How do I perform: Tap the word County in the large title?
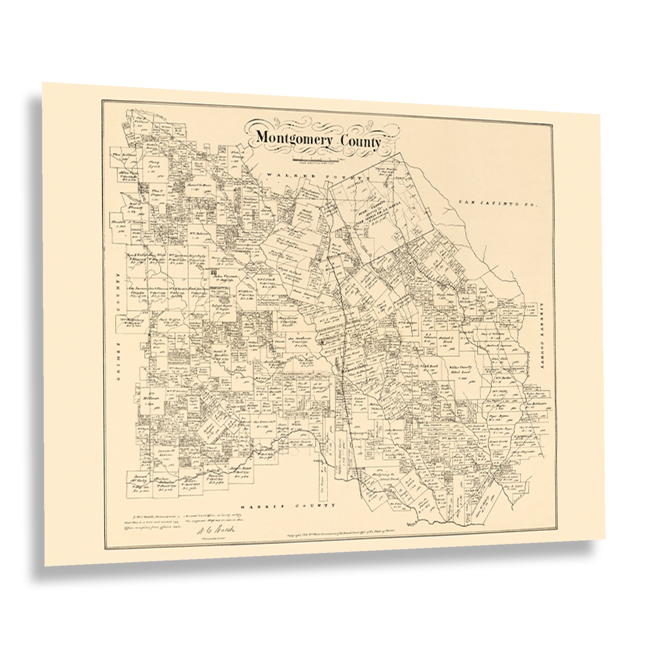pos(361,142)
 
